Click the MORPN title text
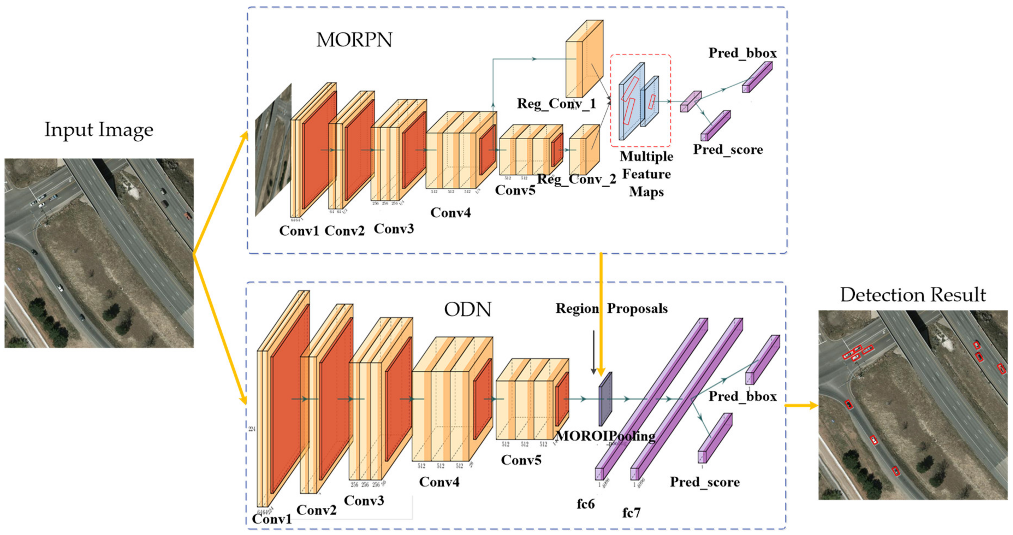(x=354, y=40)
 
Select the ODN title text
(x=468, y=310)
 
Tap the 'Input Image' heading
(x=99, y=130)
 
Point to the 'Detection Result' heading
(x=913, y=295)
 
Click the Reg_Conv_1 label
(x=556, y=104)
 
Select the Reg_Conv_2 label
(x=577, y=179)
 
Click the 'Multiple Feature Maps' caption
(x=646, y=174)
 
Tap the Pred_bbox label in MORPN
(x=742, y=53)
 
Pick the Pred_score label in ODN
(x=705, y=482)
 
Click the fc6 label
(x=586, y=504)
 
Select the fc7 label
(x=631, y=513)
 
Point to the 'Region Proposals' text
(x=611, y=308)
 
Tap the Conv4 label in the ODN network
(x=439, y=482)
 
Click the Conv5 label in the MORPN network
(x=515, y=190)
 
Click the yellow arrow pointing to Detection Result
(x=801, y=406)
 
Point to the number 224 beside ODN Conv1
(x=252, y=429)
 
